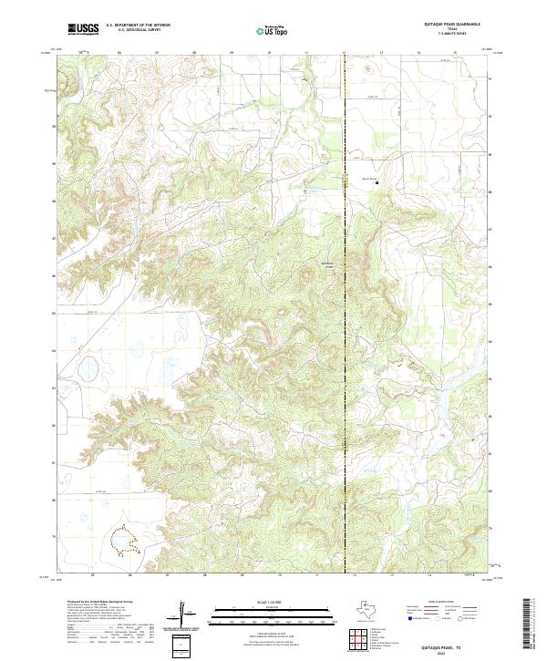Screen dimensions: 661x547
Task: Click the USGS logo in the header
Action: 83,29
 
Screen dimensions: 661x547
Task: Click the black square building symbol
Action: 377,182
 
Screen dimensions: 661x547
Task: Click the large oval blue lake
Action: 88,370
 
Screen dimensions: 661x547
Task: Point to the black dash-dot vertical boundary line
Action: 345,319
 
